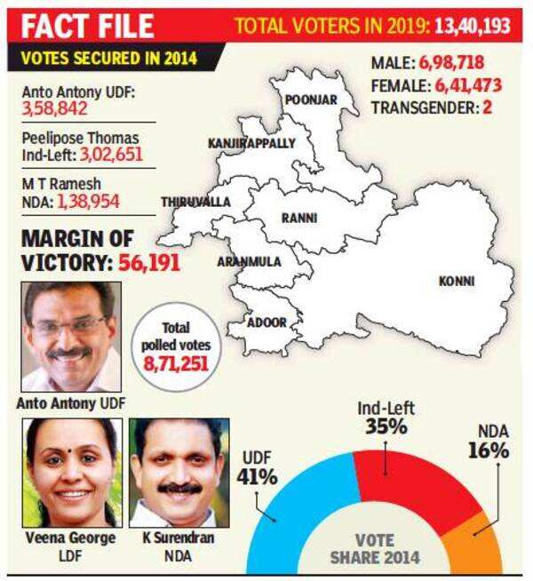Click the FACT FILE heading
click(87, 26)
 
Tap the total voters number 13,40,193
click(473, 26)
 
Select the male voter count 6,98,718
click(451, 62)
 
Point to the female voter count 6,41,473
click(468, 85)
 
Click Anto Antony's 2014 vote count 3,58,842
click(54, 109)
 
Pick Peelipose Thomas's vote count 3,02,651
click(111, 155)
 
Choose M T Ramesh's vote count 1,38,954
click(89, 202)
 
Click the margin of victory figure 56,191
click(149, 263)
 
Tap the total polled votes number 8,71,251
click(176, 363)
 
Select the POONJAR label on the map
click(311, 99)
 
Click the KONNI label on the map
click(457, 282)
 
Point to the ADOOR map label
click(266, 322)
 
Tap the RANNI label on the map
click(299, 218)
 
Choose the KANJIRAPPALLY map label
click(251, 143)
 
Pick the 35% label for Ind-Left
click(386, 426)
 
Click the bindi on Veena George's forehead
click(69, 451)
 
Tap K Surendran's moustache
click(179, 489)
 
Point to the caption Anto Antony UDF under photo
click(71, 403)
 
